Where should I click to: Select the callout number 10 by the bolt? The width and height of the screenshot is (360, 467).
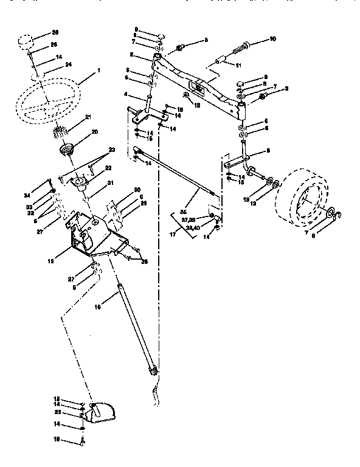(x=272, y=40)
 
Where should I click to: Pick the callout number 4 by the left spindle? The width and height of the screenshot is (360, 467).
(x=126, y=95)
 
